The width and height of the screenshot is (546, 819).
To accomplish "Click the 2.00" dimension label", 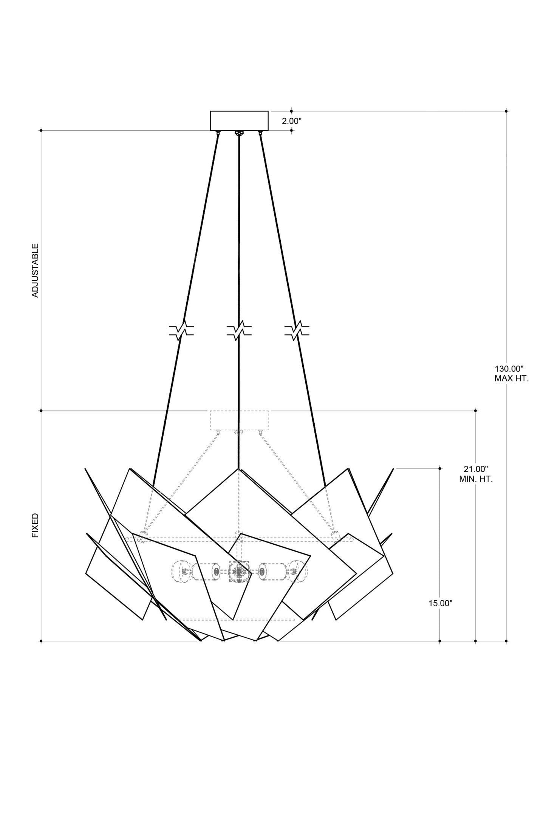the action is click(292, 121).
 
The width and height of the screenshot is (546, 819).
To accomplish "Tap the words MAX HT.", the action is click(511, 379).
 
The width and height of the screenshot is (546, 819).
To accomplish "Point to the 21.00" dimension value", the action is click(476, 469).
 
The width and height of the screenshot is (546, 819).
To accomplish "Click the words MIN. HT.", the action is click(476, 479).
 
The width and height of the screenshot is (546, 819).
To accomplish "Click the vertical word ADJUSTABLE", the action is click(35, 270).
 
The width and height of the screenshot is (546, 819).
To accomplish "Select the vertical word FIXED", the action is click(35, 525).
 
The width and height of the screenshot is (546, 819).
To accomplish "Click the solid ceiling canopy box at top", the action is click(239, 121).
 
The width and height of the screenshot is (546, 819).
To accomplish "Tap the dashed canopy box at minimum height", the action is click(239, 420).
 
